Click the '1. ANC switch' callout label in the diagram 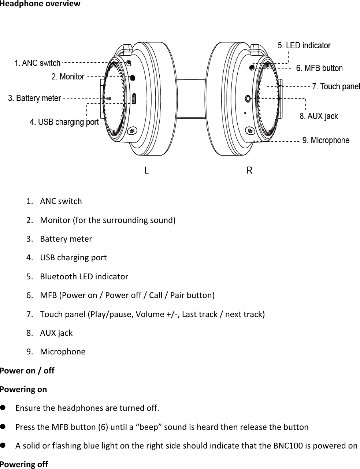click(37, 63)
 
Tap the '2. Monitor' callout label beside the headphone click(68, 77)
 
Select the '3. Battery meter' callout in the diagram click(34, 98)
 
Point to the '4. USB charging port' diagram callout click(64, 122)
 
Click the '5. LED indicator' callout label click(304, 45)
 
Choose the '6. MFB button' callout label click(319, 68)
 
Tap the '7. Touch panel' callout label click(336, 86)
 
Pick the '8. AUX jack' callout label click(319, 116)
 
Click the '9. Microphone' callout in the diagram click(326, 140)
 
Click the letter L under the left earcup click(146, 170)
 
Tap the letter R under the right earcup click(249, 170)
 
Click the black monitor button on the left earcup click(132, 78)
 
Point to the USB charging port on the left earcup click(134, 99)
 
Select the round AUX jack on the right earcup click(248, 99)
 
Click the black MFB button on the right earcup click(252, 68)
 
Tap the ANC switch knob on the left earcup click(129, 63)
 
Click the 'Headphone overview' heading click(40, 4)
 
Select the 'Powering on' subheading click(23, 389)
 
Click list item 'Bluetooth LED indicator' click(84, 276)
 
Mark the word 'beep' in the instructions click(149, 427)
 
